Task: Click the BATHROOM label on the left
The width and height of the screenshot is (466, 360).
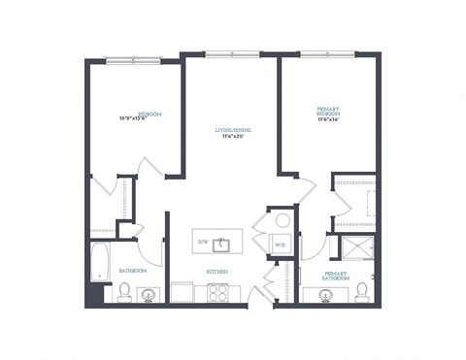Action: pyautogui.click(x=133, y=270)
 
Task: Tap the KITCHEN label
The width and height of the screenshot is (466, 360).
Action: pyautogui.click(x=217, y=272)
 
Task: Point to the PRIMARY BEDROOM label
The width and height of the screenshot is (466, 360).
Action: pyautogui.click(x=328, y=113)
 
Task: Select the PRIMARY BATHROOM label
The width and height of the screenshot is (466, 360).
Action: pyautogui.click(x=336, y=276)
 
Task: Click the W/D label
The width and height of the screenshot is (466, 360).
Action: pyautogui.click(x=280, y=245)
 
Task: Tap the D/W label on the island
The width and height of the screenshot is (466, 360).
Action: pyautogui.click(x=203, y=241)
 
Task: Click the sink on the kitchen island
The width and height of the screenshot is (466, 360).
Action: pyautogui.click(x=221, y=242)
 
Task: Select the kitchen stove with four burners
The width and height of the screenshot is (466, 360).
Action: pyautogui.click(x=216, y=291)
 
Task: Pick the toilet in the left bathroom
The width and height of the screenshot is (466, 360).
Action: pyautogui.click(x=124, y=291)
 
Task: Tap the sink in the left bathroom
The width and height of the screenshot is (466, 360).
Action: pyautogui.click(x=149, y=294)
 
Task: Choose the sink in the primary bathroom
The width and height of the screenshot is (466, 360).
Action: pyautogui.click(x=323, y=294)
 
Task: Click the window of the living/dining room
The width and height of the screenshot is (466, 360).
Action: pyautogui.click(x=232, y=54)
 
